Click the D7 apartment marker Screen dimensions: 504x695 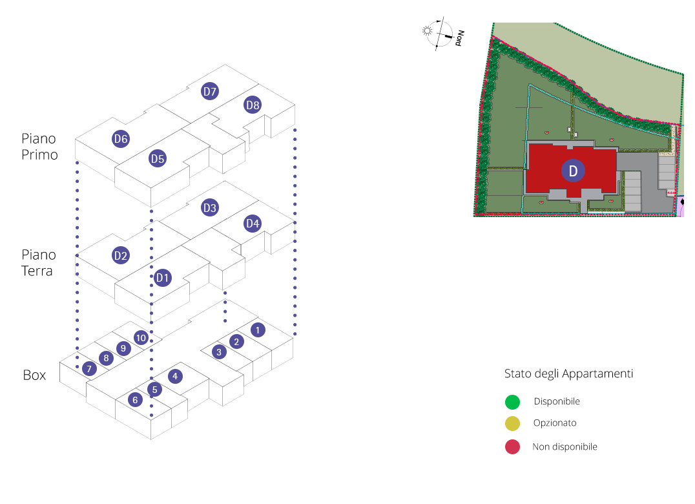coord(210,91)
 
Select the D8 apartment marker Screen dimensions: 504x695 coord(253,105)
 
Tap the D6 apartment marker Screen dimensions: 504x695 coord(121,138)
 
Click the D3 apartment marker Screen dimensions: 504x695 coord(210,207)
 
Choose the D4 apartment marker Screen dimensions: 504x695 coord(253,224)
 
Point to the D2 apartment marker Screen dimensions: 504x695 coord(121,255)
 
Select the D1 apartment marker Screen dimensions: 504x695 coord(163,278)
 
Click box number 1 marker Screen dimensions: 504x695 coord(257,330)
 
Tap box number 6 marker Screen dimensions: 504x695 coord(135,399)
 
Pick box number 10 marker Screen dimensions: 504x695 coord(141,337)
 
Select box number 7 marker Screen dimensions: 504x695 coord(90,368)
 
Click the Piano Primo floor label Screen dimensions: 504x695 coord(39,147)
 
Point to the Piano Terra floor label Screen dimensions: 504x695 coord(39,263)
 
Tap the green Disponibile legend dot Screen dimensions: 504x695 coord(512,402)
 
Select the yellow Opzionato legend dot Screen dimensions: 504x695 coord(512,424)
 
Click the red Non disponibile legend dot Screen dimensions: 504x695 coord(512,446)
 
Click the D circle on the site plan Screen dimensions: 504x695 coord(572,170)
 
